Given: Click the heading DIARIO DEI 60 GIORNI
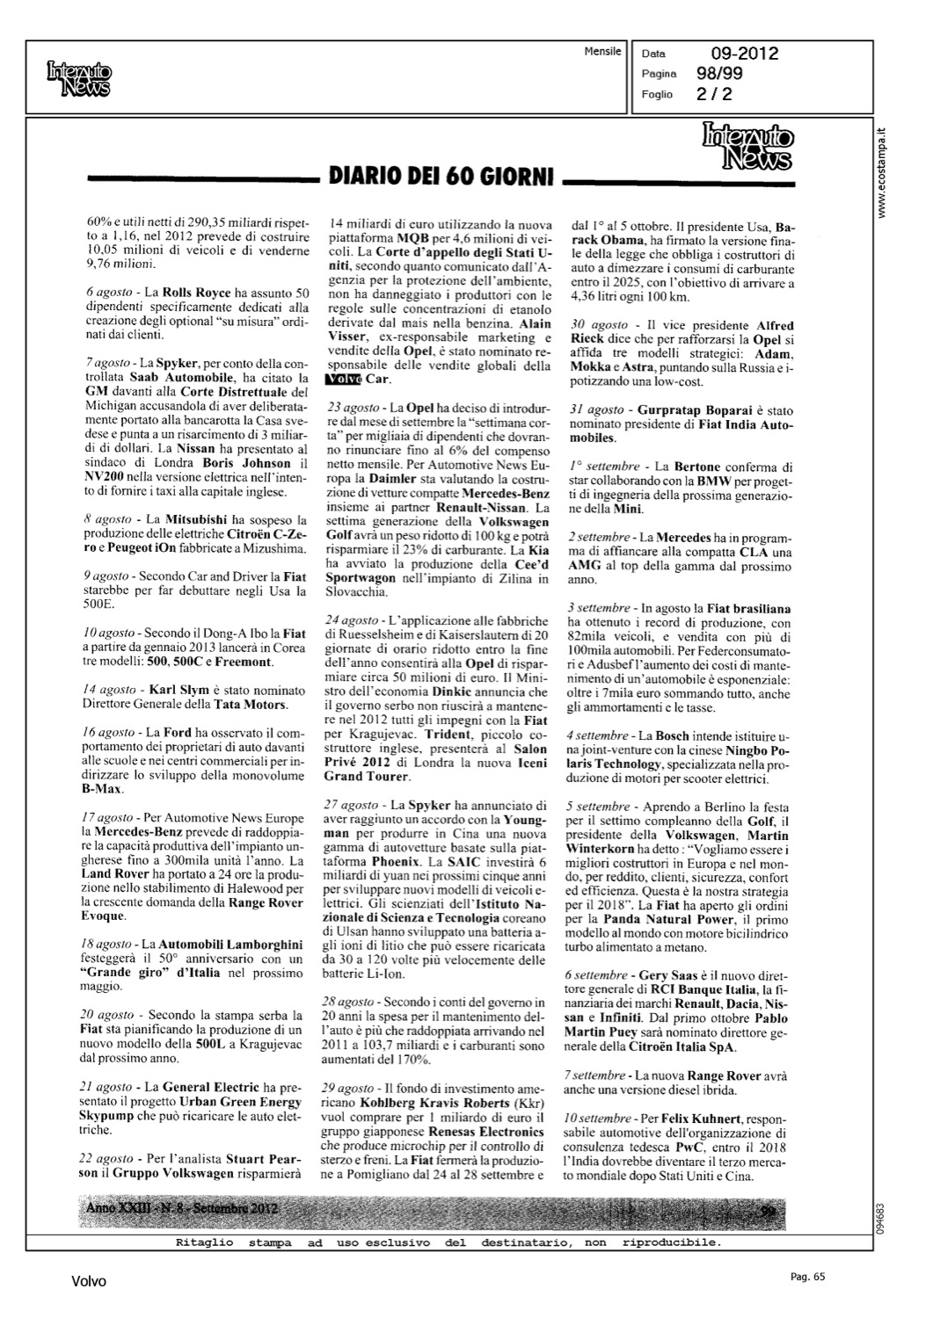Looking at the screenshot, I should pyautogui.click(x=439, y=178).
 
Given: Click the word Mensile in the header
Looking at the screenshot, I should pyautogui.click(x=602, y=52).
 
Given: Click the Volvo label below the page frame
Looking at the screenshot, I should pyautogui.click(x=89, y=1282).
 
